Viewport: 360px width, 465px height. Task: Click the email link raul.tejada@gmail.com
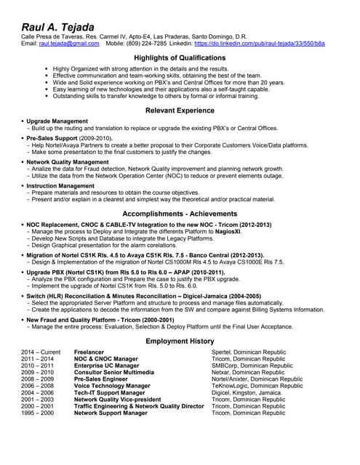68,44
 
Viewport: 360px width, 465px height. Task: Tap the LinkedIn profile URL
269,44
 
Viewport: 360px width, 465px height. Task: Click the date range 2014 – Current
41,352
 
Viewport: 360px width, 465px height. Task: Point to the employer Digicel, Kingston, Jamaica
247,392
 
